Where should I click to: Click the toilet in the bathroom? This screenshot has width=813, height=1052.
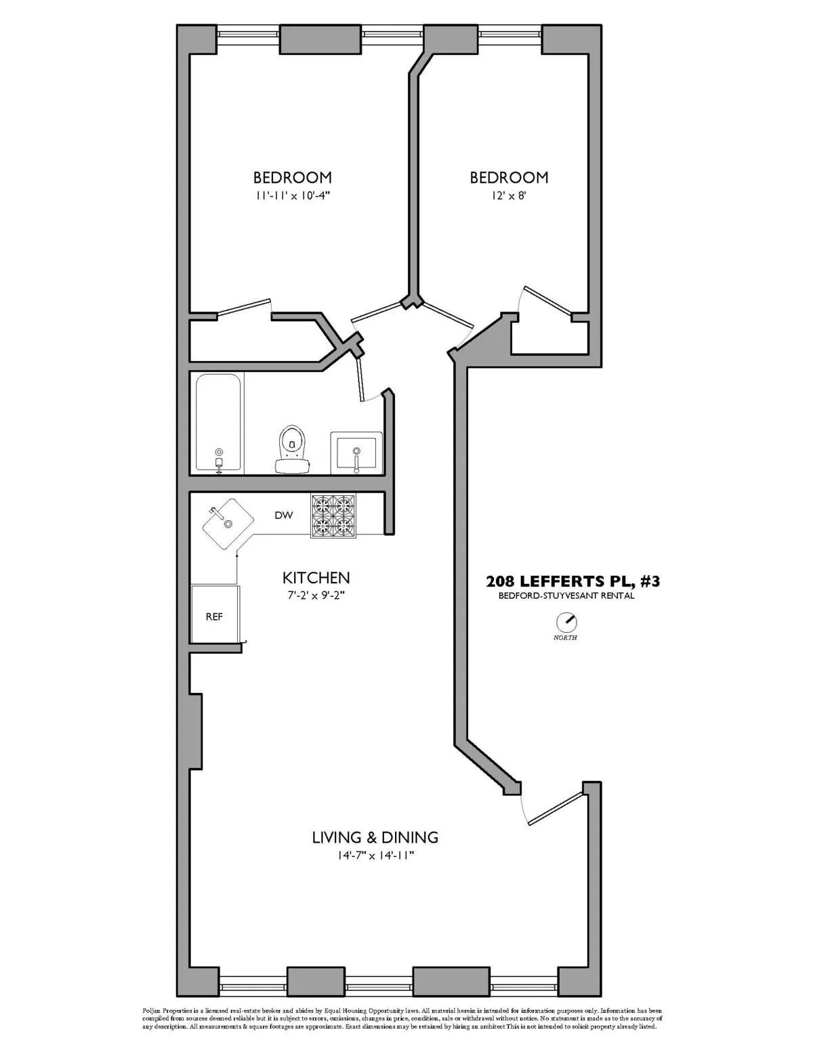[x=292, y=448]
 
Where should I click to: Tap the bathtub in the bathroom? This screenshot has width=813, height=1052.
[x=218, y=423]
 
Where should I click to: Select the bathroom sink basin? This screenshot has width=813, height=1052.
[x=356, y=453]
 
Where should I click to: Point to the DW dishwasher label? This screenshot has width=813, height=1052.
[x=283, y=516]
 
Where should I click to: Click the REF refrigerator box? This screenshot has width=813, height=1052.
[x=215, y=616]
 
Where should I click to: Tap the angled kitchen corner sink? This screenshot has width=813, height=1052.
[x=227, y=524]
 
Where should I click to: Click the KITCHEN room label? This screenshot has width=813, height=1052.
[x=316, y=578]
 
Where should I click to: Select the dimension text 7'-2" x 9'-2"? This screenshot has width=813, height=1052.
[x=316, y=596]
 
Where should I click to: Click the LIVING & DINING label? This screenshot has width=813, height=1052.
[x=375, y=837]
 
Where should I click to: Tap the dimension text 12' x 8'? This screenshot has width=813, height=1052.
[x=508, y=196]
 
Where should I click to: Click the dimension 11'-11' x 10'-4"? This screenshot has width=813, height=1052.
[x=293, y=196]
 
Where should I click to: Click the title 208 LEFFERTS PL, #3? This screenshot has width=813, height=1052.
[x=572, y=581]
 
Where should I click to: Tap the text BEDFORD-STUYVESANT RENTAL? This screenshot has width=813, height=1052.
[x=566, y=596]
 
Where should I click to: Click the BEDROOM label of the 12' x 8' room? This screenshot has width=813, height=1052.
[x=509, y=177]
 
